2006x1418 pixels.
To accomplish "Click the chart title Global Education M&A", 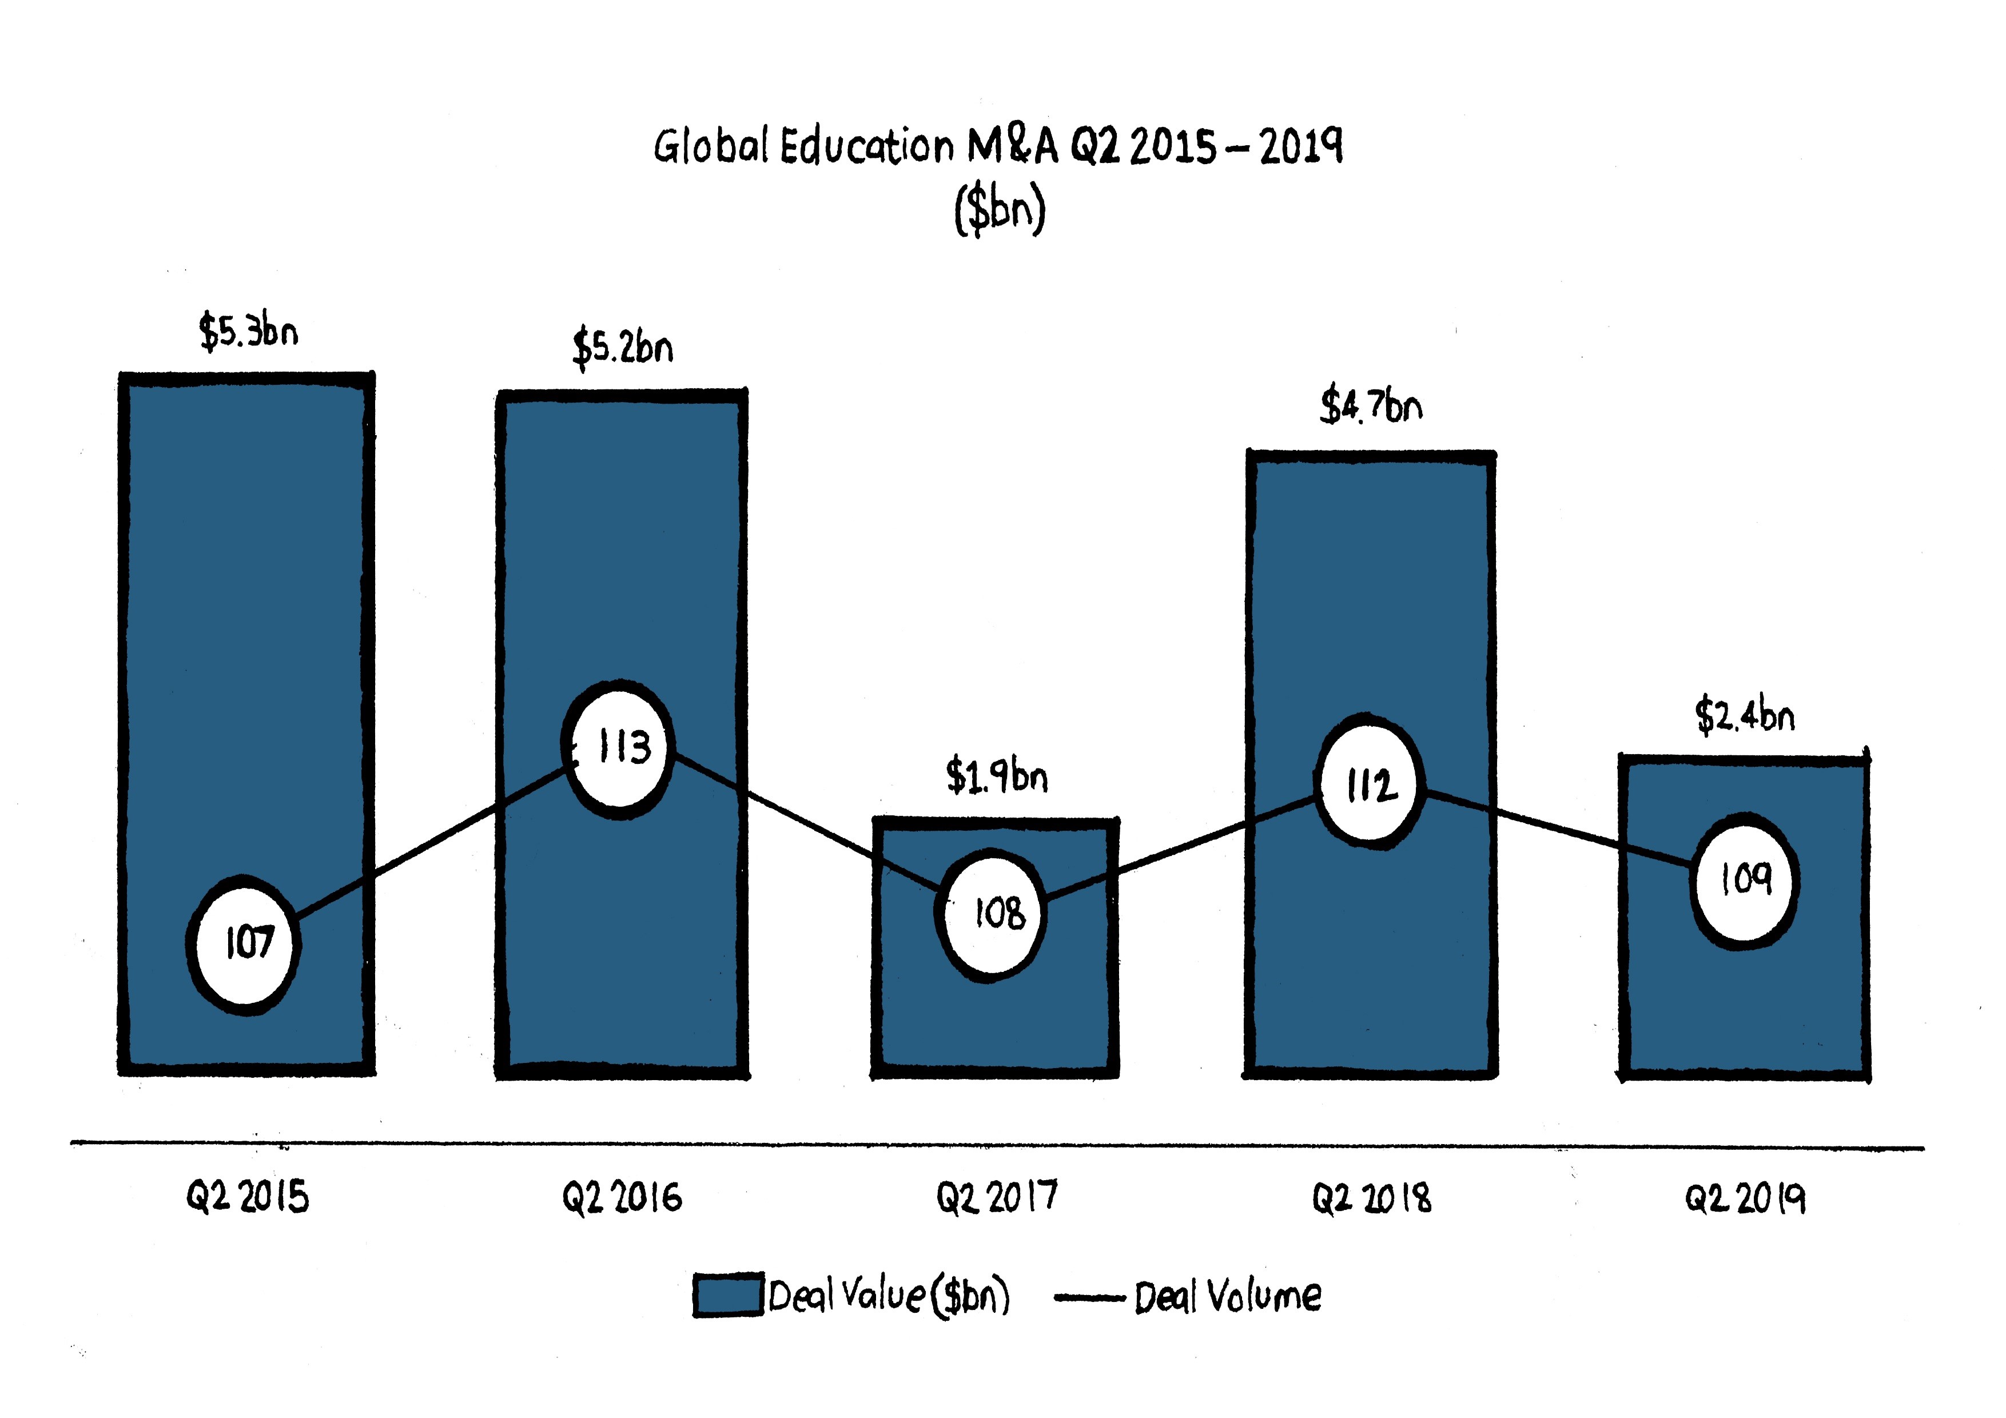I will (998, 146).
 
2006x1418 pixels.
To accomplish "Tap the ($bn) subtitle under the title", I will (1000, 210).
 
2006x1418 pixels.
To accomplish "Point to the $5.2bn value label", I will (623, 348).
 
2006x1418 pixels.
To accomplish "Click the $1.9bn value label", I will (997, 776).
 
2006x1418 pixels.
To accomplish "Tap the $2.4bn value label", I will (1745, 715).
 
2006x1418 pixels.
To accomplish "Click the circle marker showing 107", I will (245, 943).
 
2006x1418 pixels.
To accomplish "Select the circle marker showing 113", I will (619, 748).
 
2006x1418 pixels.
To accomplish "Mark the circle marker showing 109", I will (1745, 880).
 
